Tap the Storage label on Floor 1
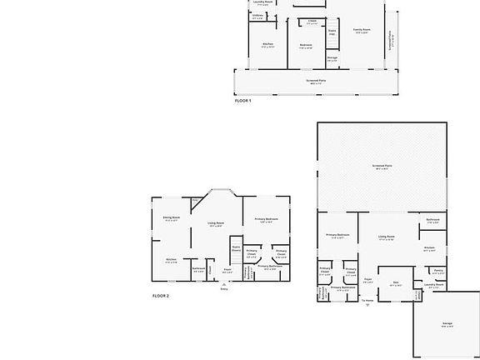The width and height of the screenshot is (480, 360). coord(332,57)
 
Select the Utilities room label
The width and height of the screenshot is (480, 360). coord(257,16)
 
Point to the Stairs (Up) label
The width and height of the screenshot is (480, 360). coord(332,32)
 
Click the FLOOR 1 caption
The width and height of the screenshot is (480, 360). coord(242,100)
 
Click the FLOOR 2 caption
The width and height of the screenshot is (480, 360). coord(161,296)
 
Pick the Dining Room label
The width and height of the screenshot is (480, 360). coord(172,218)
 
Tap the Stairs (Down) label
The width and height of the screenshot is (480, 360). coord(236,247)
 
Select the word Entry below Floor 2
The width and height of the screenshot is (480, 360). coord(223,289)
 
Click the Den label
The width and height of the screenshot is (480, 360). coord(397,282)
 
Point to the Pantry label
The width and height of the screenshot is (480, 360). coord(438,270)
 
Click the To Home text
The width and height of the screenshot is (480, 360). coord(367,298)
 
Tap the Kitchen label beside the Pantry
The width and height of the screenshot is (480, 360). coord(428,247)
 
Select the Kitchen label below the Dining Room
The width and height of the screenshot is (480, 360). coord(171,259)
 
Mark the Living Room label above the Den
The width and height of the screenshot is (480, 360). coord(386,237)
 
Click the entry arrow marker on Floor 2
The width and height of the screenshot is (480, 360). coord(222,284)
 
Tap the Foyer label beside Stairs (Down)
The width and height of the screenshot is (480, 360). coord(227,269)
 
